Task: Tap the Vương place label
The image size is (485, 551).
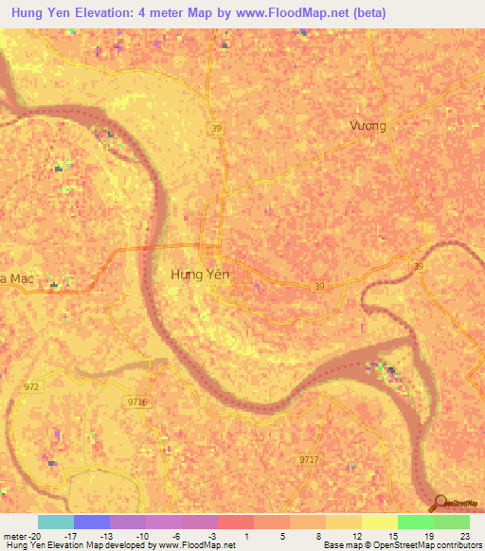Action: tap(368, 125)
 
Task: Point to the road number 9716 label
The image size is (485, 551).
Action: tap(137, 402)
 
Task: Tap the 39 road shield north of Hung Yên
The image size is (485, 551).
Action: tap(217, 129)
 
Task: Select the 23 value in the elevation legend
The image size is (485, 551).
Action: tap(463, 536)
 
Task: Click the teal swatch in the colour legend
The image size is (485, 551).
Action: tap(55, 522)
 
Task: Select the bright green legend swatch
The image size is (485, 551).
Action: tap(415, 522)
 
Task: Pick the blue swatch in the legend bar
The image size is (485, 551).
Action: tap(91, 522)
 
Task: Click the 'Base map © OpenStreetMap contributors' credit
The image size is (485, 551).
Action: tap(402, 545)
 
